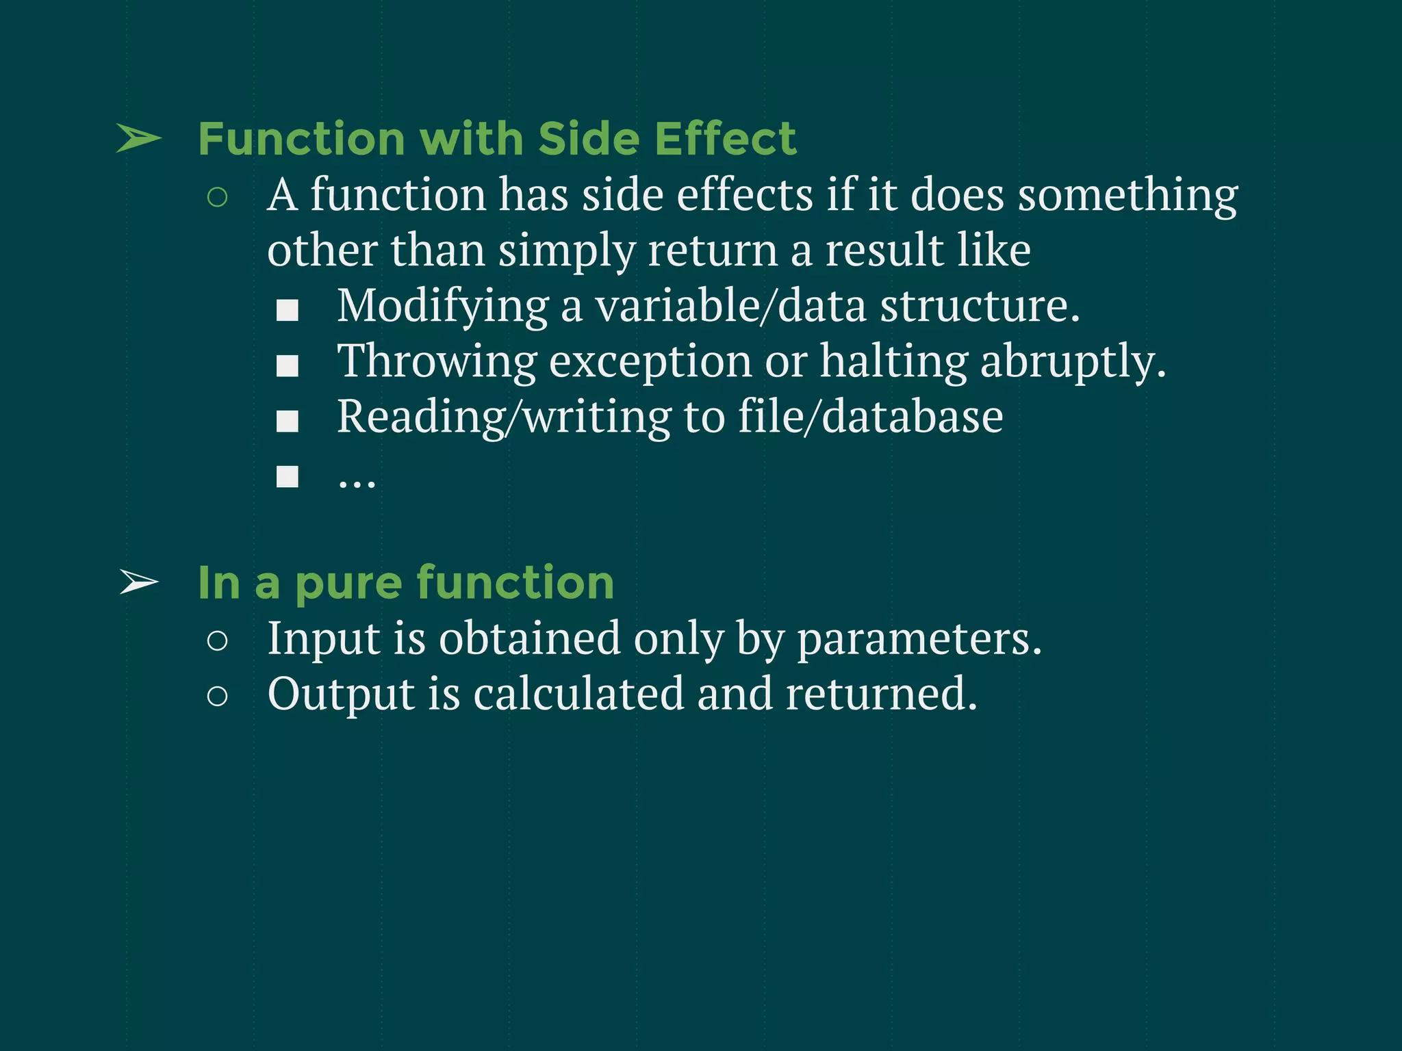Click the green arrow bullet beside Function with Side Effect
click(139, 139)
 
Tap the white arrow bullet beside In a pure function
click(139, 582)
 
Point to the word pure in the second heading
click(349, 584)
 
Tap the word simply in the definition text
click(567, 251)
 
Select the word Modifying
click(442, 306)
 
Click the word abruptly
click(1073, 361)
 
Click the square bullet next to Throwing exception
click(288, 366)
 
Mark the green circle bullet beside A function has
click(217, 198)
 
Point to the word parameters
click(919, 639)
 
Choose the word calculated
click(578, 695)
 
